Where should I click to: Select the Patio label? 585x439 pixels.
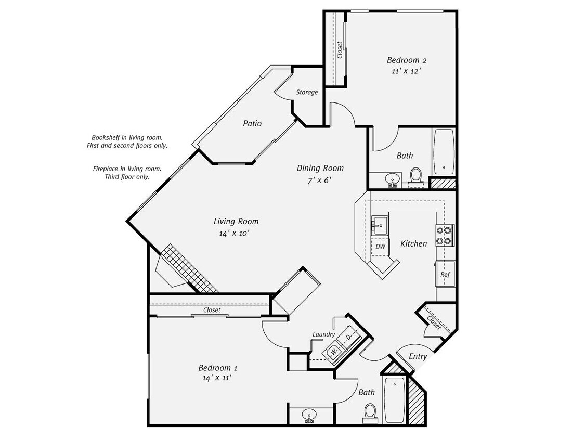click(252, 123)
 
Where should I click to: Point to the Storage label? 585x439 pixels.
click(307, 92)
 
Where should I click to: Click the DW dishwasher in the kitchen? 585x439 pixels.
click(381, 247)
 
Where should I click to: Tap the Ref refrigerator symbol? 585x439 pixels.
click(445, 274)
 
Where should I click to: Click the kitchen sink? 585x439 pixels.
click(380, 225)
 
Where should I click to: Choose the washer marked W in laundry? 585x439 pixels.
click(333, 352)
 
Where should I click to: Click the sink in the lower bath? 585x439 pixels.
click(309, 415)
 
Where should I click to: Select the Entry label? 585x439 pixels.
click(418, 356)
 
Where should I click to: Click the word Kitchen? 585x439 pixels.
click(413, 243)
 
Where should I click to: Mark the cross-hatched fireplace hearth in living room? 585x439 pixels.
click(189, 268)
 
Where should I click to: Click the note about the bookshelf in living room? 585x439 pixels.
click(127, 141)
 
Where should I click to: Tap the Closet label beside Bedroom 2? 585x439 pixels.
click(340, 50)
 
